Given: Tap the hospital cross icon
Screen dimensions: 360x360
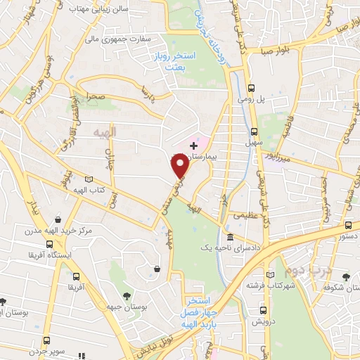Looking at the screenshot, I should click(x=193, y=146).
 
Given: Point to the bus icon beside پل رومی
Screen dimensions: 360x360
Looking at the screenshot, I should click(x=252, y=88).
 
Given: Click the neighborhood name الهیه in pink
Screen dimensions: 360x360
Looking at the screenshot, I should click(x=127, y=131).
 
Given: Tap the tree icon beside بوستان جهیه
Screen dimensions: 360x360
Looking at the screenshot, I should click(x=127, y=296).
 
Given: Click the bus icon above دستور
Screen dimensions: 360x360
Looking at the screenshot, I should click(x=348, y=226).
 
